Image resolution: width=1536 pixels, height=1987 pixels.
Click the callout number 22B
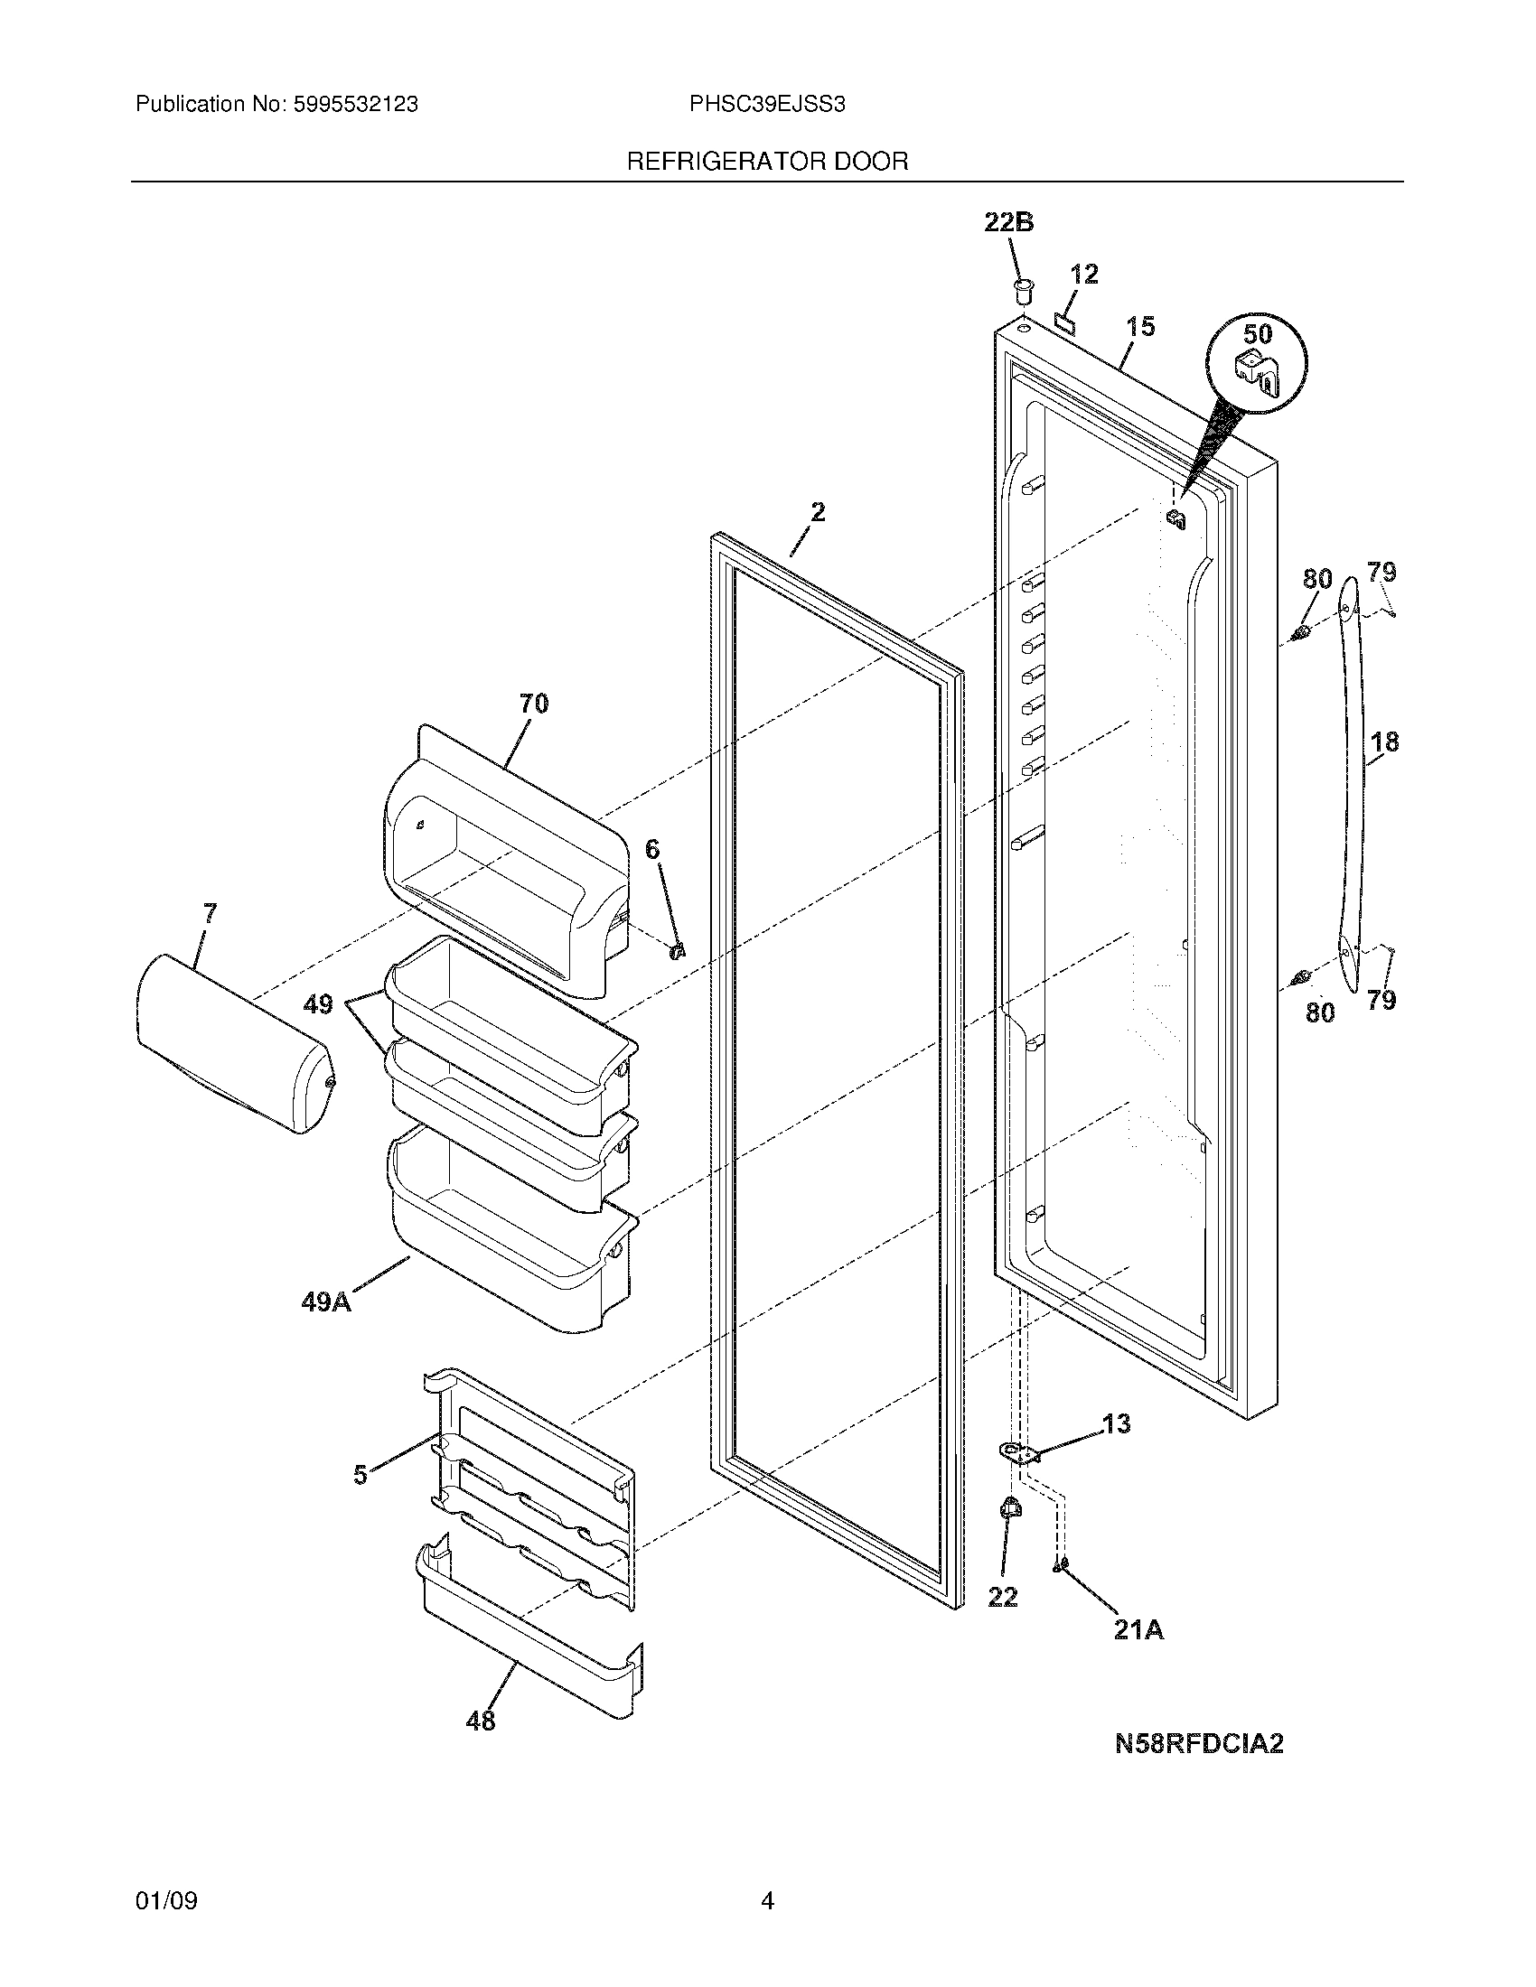point(1008,223)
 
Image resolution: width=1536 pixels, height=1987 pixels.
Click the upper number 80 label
point(1317,579)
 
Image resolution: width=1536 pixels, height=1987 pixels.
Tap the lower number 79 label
point(1381,1000)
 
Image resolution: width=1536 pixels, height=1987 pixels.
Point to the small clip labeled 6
point(677,951)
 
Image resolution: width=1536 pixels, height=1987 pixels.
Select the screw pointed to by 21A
point(1061,1564)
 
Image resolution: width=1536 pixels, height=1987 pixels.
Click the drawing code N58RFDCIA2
point(1198,1744)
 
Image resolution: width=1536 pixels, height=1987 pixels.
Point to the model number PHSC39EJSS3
point(767,105)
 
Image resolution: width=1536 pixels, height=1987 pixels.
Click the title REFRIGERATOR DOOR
point(767,162)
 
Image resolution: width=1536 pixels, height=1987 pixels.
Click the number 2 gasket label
point(817,512)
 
